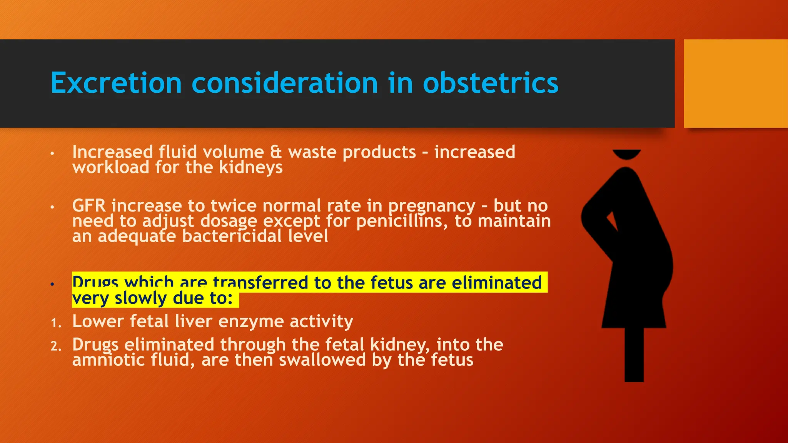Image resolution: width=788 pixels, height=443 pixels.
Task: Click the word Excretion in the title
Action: [116, 83]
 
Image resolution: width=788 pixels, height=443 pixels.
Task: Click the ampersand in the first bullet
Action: [275, 152]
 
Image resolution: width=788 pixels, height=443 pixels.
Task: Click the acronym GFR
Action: [89, 206]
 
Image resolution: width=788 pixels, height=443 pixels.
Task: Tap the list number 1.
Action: [55, 323]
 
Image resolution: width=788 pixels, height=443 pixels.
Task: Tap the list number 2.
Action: [55, 346]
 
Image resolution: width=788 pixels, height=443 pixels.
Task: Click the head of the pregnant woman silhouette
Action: [626, 154]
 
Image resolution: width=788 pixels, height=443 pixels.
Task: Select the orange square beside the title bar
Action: [735, 83]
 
